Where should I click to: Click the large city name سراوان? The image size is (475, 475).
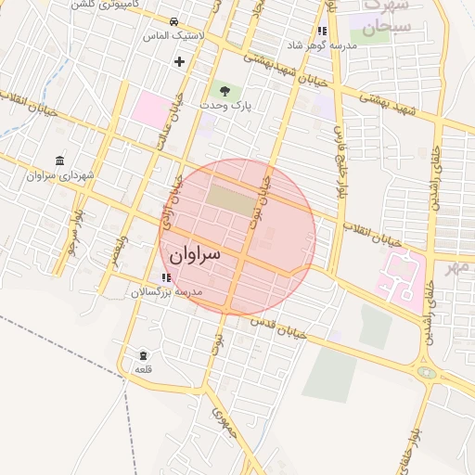194,253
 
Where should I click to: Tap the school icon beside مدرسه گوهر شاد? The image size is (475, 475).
322,31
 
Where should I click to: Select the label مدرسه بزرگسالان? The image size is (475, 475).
196,291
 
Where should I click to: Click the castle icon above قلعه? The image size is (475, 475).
143,355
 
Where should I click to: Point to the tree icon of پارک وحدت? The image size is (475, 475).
224,90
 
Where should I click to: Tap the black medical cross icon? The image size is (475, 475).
179,61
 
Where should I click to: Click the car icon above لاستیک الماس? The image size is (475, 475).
174,20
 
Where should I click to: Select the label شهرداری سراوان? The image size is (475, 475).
61,174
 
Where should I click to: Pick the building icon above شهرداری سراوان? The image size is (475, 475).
60,160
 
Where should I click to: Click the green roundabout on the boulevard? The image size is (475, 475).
427,373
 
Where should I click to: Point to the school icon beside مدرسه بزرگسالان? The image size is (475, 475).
165,277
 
